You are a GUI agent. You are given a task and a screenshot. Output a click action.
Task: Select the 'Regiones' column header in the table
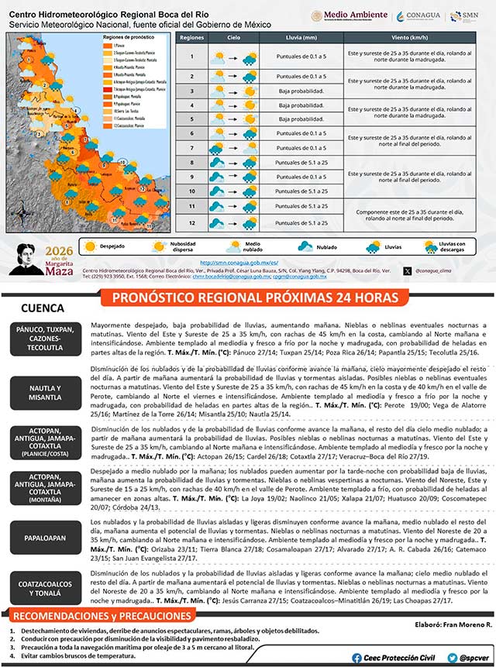click(191, 37)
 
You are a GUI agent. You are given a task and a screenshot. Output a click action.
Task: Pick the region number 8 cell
click(191, 162)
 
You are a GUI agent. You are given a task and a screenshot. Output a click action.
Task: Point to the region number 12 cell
click(191, 223)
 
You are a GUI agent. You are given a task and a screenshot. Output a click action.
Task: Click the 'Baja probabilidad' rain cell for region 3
click(302, 91)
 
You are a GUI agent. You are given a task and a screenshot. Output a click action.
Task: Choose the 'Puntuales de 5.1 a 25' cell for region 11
click(302, 206)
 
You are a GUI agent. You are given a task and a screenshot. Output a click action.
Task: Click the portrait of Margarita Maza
click(30, 260)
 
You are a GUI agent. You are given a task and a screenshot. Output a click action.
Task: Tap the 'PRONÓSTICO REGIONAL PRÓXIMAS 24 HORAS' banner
click(255, 298)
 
